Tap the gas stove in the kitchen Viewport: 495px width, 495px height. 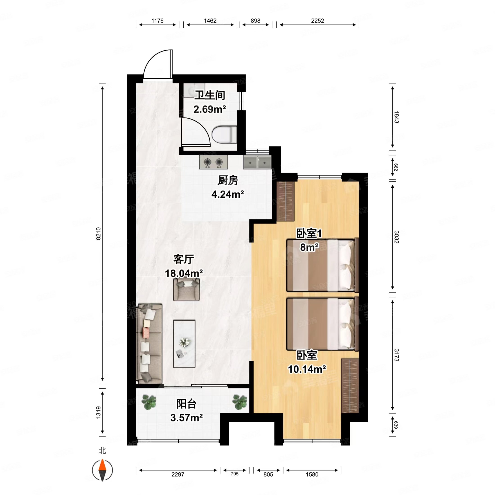[214, 162]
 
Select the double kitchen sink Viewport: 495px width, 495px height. [257, 162]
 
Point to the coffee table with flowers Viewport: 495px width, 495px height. [184, 344]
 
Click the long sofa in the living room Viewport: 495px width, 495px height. [149, 343]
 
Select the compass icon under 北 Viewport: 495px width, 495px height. [102, 470]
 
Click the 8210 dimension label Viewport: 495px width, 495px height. [99, 234]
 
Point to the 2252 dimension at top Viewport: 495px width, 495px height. [317, 21]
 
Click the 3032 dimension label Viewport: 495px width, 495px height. [396, 237]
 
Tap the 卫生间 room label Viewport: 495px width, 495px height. [209, 95]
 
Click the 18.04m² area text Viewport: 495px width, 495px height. [184, 273]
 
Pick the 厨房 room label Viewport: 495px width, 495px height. [228, 180]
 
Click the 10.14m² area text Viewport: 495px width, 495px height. [307, 369]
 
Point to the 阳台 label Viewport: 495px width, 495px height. [186, 404]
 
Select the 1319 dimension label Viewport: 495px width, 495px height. [99, 413]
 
